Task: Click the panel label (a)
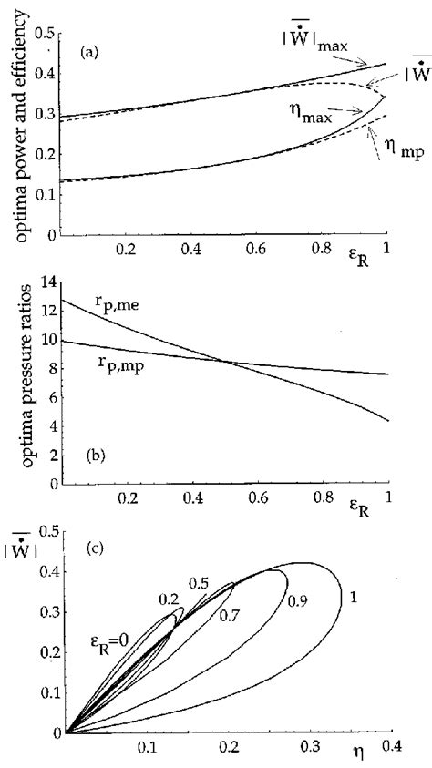(89, 54)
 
